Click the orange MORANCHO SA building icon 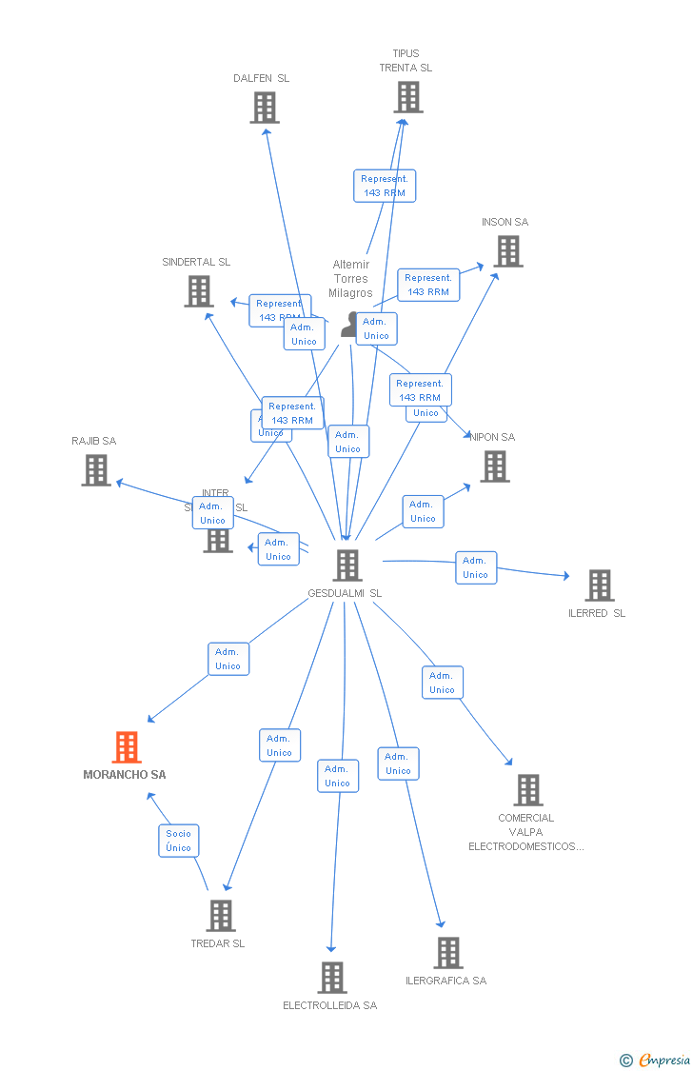pyautogui.click(x=126, y=747)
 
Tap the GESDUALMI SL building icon pyautogui.click(x=346, y=565)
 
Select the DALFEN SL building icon pyautogui.click(x=265, y=108)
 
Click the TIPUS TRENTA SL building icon pyautogui.click(x=407, y=97)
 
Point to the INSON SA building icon pyautogui.click(x=508, y=251)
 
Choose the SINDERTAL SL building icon pyautogui.click(x=198, y=291)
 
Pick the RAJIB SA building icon pyautogui.click(x=96, y=470)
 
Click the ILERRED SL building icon pyautogui.click(x=599, y=585)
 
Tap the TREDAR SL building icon pyautogui.click(x=220, y=916)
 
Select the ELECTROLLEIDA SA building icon pyautogui.click(x=331, y=977)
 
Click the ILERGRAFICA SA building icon pyautogui.click(x=447, y=952)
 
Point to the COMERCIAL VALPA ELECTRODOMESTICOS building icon pyautogui.click(x=527, y=789)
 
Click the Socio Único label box pyautogui.click(x=179, y=841)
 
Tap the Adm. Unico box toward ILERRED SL pyautogui.click(x=475, y=567)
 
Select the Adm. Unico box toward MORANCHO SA pyautogui.click(x=228, y=659)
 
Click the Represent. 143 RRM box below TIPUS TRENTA pyautogui.click(x=385, y=186)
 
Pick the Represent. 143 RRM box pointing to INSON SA pyautogui.click(x=428, y=285)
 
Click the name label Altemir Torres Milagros pyautogui.click(x=351, y=279)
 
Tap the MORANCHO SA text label pyautogui.click(x=125, y=775)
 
